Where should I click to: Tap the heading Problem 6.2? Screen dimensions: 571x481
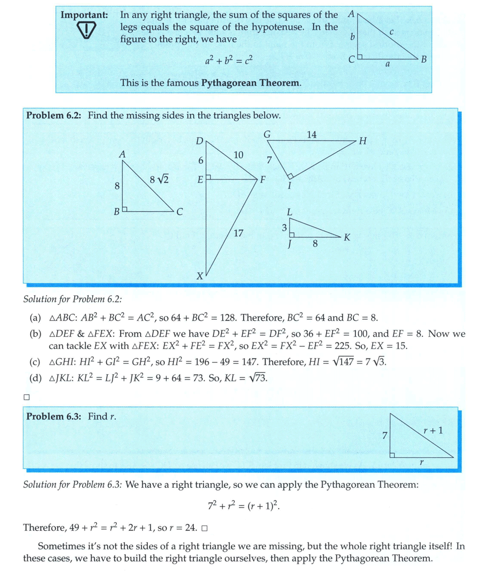tap(55, 115)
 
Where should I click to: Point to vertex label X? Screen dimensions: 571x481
tap(199, 276)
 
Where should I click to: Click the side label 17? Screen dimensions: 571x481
tap(238, 233)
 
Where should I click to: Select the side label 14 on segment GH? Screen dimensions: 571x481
tap(312, 134)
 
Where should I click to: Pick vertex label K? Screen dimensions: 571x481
tap(347, 237)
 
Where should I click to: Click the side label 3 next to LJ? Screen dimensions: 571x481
tap(284, 228)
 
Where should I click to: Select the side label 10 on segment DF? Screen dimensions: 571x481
tap(238, 155)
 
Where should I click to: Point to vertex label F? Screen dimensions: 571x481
tap(262, 179)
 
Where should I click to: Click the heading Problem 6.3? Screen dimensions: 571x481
tap(55, 416)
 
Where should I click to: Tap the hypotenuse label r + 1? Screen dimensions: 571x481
tap(433, 430)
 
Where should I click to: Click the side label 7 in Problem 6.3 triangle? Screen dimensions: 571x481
tap(384, 435)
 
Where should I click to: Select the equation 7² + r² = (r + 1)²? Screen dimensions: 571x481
tap(243, 505)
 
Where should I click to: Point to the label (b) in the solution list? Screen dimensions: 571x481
tap(35, 334)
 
